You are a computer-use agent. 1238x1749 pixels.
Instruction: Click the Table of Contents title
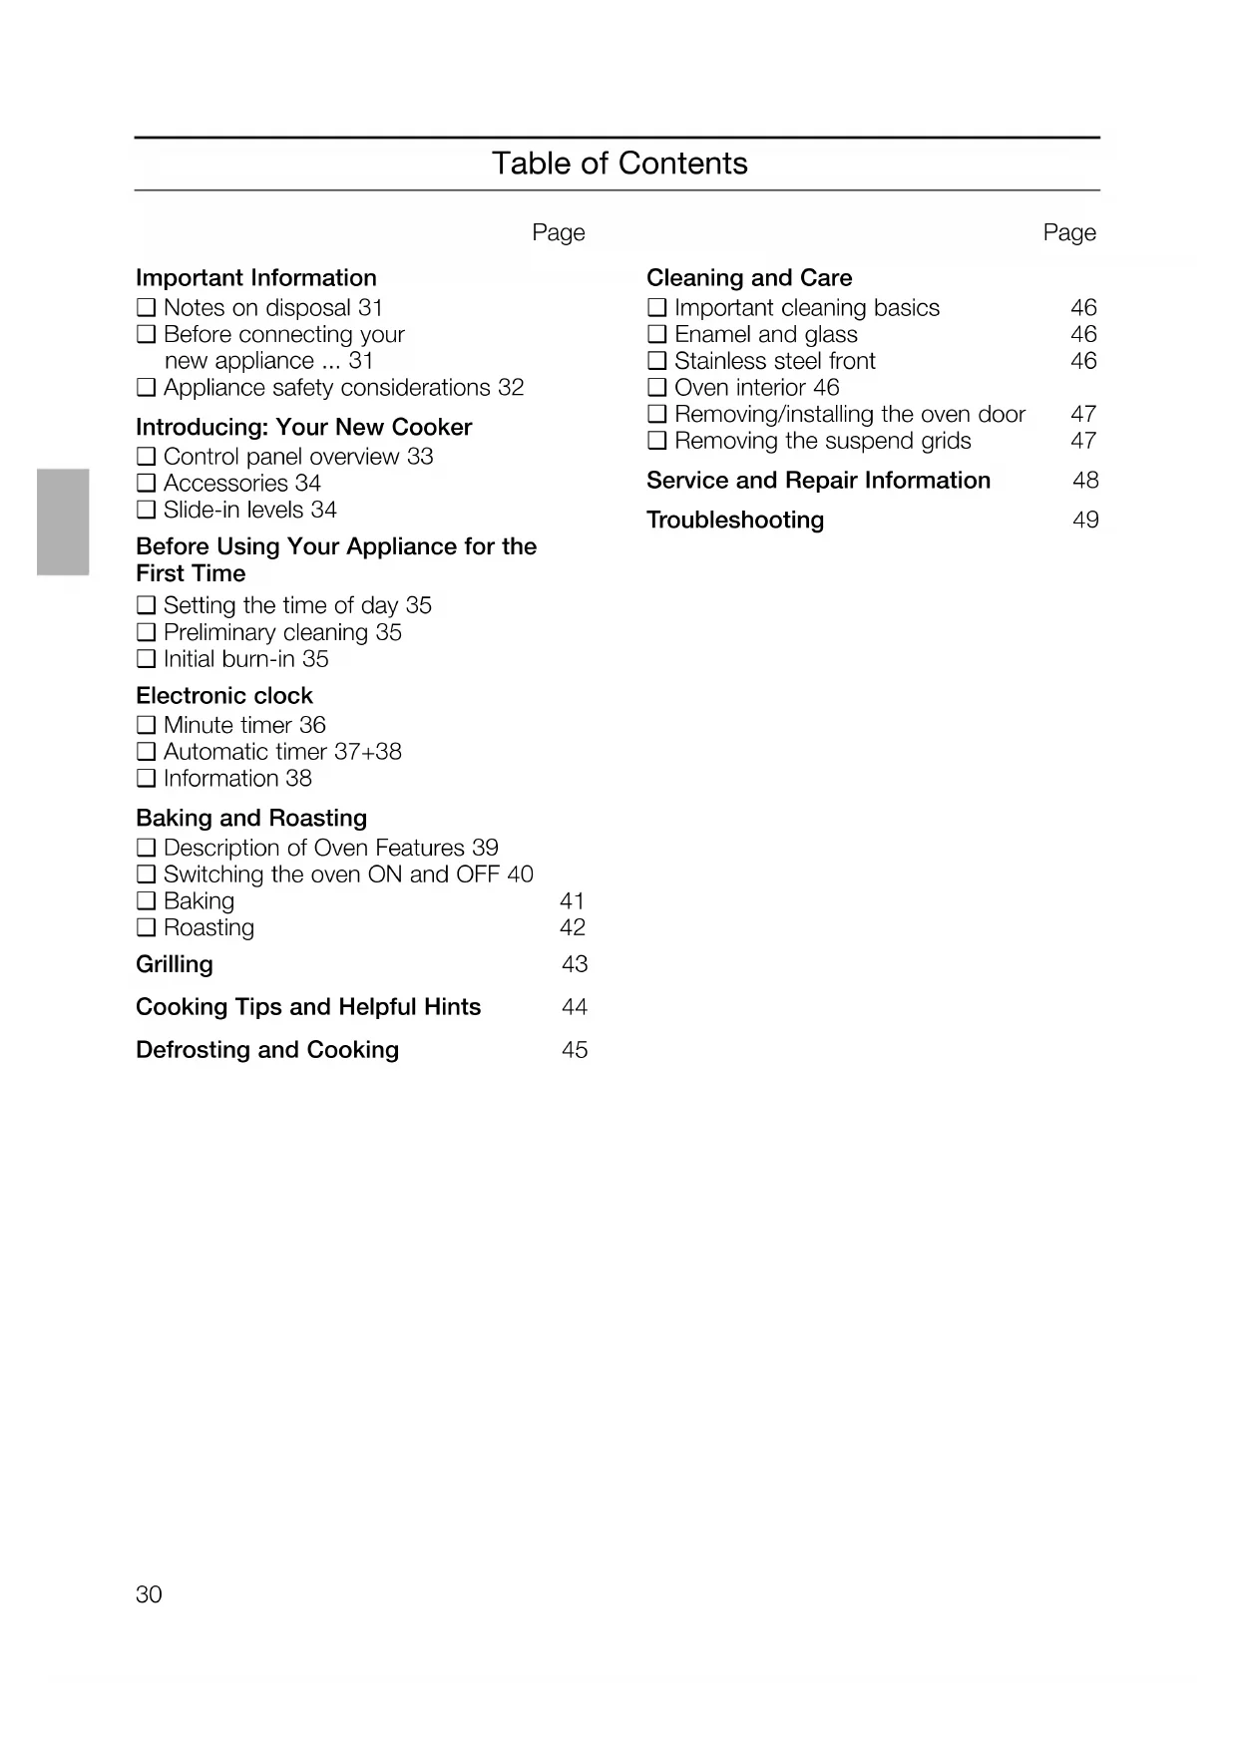coord(619,164)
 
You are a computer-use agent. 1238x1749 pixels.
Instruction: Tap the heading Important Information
coord(256,278)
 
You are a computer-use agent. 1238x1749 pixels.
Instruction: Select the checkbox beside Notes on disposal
coord(147,308)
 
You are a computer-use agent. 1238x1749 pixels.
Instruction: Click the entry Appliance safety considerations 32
coord(343,388)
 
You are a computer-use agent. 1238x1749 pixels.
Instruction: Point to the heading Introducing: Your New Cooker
coord(303,428)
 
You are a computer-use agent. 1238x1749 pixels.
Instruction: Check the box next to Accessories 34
coord(147,484)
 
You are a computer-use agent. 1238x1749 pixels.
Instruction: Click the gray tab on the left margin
coord(63,522)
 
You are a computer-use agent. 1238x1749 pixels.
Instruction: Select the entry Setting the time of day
coord(297,606)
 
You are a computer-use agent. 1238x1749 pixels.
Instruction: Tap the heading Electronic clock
coord(224,696)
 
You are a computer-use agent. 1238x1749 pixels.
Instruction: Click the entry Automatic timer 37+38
coord(282,752)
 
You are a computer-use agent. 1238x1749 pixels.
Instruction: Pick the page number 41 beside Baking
coord(573,901)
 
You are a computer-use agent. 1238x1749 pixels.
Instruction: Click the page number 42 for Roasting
coord(573,928)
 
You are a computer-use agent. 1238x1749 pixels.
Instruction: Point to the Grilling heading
coord(175,965)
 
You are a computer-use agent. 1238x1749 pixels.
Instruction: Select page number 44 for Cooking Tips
coord(575,1007)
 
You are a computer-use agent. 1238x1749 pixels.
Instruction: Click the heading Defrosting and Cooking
coord(267,1050)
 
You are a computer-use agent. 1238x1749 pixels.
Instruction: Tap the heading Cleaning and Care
coord(749,278)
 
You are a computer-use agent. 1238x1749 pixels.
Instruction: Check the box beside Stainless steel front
coord(657,361)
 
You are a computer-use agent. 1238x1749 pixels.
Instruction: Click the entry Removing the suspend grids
coord(822,441)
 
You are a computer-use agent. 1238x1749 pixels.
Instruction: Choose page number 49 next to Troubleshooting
coord(1085,521)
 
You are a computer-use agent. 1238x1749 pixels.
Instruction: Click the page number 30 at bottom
coord(149,1594)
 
